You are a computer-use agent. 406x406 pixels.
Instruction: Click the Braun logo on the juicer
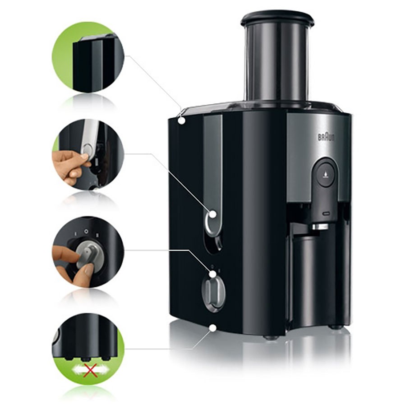coord(326,137)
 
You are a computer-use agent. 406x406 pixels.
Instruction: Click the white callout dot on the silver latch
coord(212,215)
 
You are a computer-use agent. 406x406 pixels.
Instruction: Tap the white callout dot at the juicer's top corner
coord(181,120)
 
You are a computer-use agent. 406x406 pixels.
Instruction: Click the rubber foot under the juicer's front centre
coord(270,337)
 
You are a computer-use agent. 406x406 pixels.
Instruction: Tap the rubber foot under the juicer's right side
coord(334,326)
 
